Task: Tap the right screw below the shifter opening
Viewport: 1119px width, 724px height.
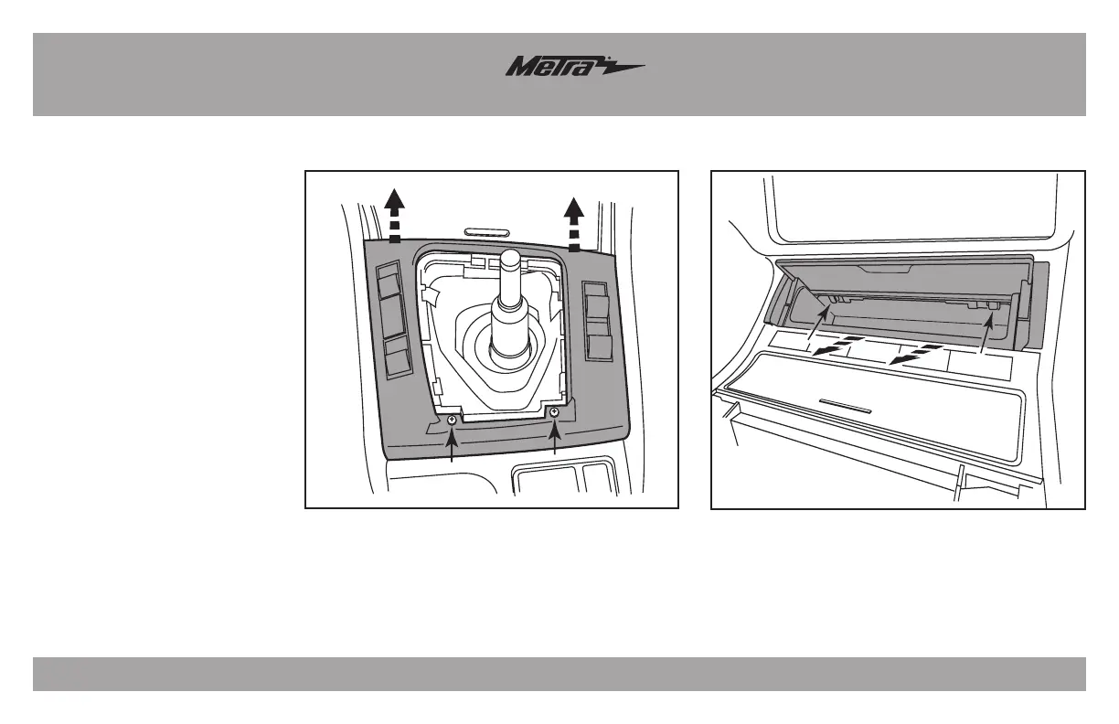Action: tap(554, 412)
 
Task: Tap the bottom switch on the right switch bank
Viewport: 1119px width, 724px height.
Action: tap(599, 346)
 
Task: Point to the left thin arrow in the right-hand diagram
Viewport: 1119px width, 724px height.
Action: tap(815, 328)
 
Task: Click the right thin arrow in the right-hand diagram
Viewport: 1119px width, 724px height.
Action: tap(984, 334)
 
